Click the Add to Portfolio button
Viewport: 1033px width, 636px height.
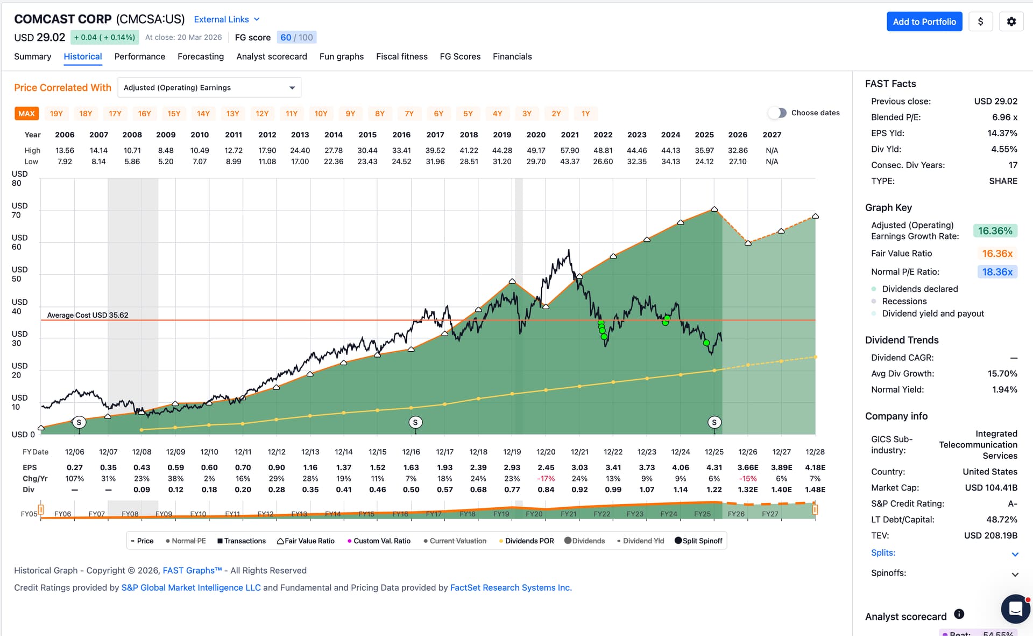coord(924,22)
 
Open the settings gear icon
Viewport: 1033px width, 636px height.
coord(1011,22)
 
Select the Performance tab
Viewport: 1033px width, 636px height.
coord(139,57)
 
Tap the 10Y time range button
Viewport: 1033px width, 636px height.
coord(321,114)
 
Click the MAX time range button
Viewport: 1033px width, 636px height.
coord(26,114)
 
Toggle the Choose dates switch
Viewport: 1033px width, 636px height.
coord(777,113)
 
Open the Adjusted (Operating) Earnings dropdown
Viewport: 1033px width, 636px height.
coord(209,88)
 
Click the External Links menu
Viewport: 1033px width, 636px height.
coord(227,19)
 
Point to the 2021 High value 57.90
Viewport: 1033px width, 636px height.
coord(570,150)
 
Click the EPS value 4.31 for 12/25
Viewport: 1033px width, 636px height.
coord(714,467)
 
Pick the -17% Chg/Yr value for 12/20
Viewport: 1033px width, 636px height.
coord(546,478)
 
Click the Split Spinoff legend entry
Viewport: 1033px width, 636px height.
coord(698,541)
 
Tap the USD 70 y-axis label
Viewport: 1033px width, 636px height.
coord(19,210)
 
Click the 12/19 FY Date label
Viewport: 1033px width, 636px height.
coord(512,452)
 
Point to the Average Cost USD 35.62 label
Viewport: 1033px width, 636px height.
coord(88,315)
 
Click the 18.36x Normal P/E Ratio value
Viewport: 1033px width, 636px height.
coord(997,272)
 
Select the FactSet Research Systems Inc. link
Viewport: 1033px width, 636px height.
coord(511,588)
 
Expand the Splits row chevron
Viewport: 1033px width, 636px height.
coord(1015,554)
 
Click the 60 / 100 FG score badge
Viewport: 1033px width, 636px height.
coord(296,37)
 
